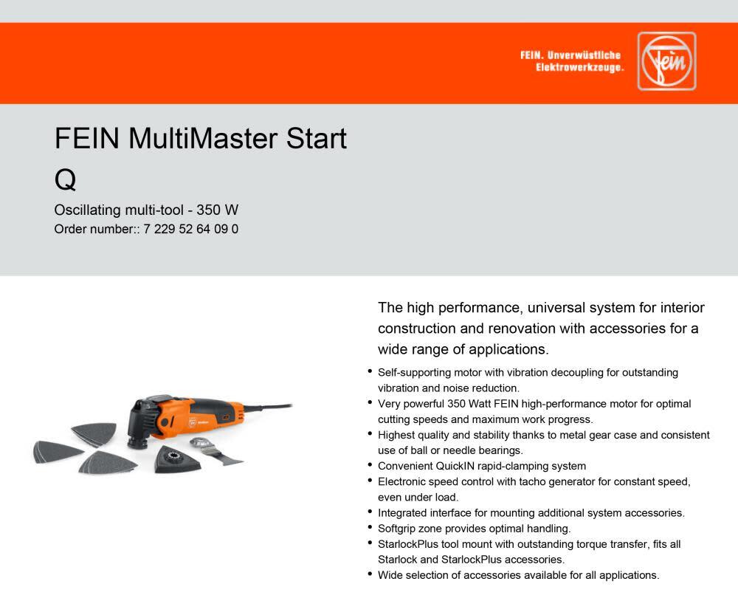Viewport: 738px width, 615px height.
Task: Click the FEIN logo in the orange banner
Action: click(666, 61)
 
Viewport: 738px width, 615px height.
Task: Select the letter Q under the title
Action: click(65, 179)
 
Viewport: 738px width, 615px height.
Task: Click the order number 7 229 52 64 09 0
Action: click(191, 229)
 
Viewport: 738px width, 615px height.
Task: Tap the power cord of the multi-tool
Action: click(265, 407)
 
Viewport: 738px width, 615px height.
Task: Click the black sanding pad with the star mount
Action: click(173, 459)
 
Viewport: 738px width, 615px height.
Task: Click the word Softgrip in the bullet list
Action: click(399, 529)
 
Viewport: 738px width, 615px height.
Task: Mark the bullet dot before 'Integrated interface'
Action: click(370, 511)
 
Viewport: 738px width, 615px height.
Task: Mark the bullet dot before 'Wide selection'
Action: click(370, 574)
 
